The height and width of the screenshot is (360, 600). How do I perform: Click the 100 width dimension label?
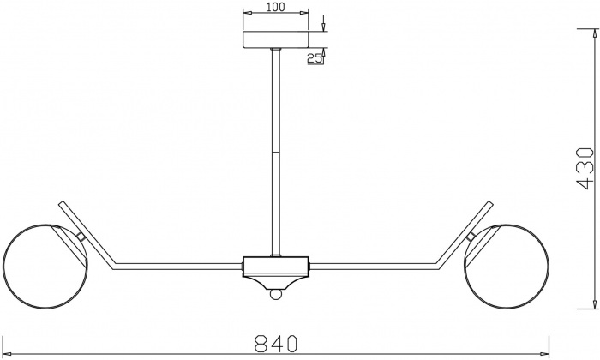pos(274,8)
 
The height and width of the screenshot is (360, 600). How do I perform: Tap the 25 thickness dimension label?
pos(314,57)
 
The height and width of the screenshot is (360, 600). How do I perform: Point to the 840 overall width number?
pos(276,343)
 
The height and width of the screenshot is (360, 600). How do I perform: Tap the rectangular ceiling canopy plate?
pos(275,40)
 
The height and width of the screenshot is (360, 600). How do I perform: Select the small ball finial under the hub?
pos(275,294)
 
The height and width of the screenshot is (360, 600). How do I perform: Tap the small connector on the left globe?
pos(80,235)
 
